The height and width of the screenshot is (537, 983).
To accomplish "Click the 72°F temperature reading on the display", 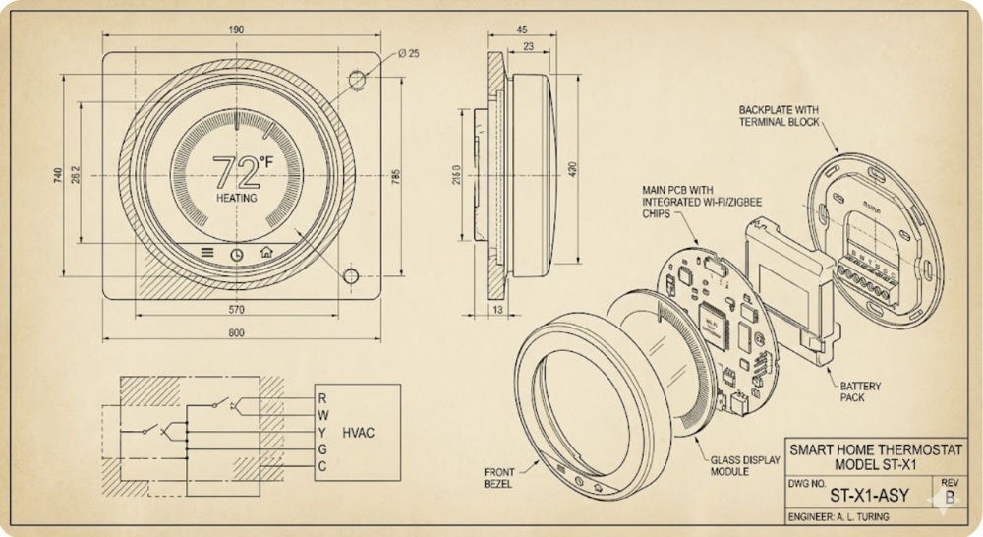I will pos(239,171).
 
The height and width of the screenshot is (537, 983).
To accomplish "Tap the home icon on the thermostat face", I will pos(265,252).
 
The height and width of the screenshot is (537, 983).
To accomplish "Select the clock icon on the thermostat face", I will pos(237,253).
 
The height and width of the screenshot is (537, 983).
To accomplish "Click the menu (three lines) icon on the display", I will pos(207,252).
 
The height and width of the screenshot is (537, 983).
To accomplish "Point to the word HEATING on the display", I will pos(236,198).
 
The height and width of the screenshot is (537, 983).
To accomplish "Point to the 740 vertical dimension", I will pos(58,175).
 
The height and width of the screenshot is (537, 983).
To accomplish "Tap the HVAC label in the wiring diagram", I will pos(358,431).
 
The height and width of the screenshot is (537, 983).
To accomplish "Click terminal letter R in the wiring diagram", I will pos(321,398).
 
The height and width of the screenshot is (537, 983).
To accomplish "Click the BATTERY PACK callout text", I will pos(860,392).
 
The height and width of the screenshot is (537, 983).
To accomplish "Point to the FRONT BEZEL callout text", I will pos(498,478).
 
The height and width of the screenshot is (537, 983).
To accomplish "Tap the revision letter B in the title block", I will pos(949,498).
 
